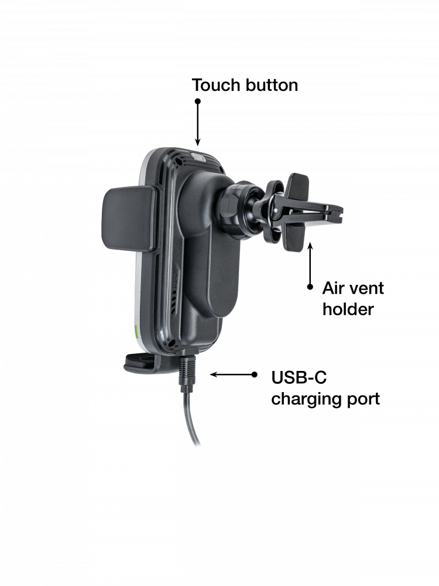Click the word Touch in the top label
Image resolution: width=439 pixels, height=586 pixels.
217,85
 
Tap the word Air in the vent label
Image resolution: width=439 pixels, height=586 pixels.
332,288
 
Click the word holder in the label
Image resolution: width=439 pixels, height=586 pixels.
348,309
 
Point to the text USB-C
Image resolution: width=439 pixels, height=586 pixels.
299,377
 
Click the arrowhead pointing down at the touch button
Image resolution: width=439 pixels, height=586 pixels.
198,142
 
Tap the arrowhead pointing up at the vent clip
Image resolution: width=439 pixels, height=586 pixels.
310,246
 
